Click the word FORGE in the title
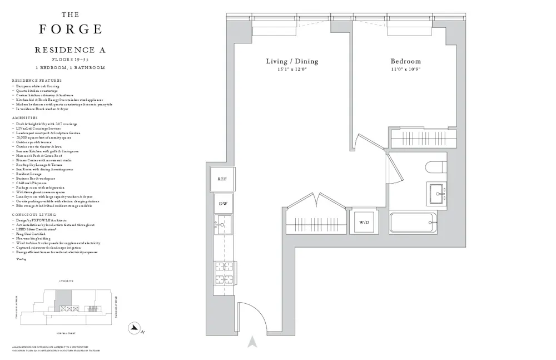pyautogui.click(x=70, y=29)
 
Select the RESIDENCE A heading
pyautogui.click(x=70, y=50)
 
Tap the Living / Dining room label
pyautogui.click(x=292, y=61)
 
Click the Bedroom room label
pyautogui.click(x=405, y=61)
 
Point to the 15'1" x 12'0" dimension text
pyautogui.click(x=292, y=70)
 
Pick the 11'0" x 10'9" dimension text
pyautogui.click(x=405, y=70)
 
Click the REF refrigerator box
pyautogui.click(x=221, y=179)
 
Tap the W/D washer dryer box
pyautogui.click(x=364, y=222)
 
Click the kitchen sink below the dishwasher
pyautogui.click(x=223, y=225)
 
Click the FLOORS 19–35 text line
pyautogui.click(x=70, y=59)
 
